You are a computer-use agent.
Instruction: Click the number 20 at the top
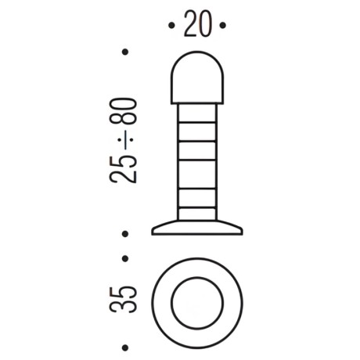coord(196,26)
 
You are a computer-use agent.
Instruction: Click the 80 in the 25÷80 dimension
coord(125,114)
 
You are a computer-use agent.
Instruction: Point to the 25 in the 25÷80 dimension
coord(125,168)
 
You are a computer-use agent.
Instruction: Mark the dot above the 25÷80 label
coord(125,52)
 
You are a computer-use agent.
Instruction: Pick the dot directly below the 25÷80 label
coord(125,233)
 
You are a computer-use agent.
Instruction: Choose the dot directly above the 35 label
coord(125,258)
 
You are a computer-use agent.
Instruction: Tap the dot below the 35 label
coord(125,347)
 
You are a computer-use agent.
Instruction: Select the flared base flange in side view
coord(196,228)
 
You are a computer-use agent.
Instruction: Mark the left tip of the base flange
coord(154,232)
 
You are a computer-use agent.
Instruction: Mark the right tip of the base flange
coord(240,232)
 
